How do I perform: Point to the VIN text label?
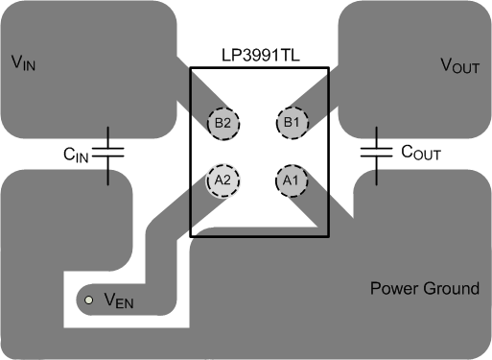pos(25,63)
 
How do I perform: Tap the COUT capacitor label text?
pos(420,152)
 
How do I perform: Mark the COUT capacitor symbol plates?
pos(375,152)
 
